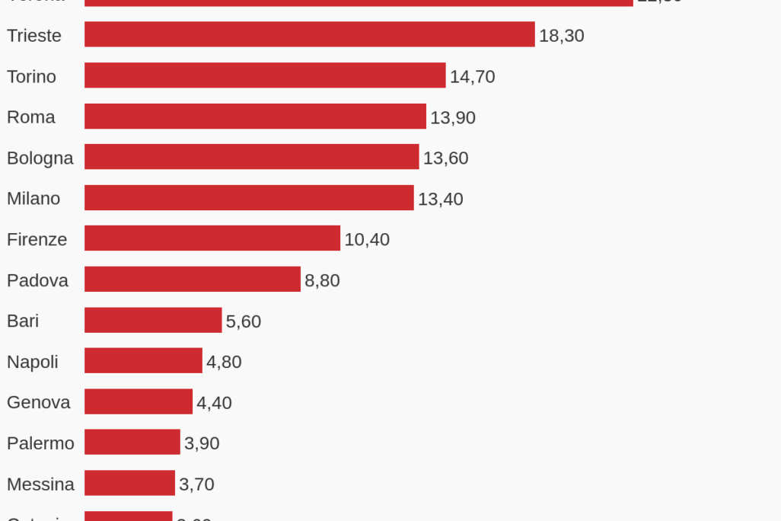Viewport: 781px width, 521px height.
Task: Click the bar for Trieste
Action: coord(309,34)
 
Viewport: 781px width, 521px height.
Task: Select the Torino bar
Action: coord(265,75)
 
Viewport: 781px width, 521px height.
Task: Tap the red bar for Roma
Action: coord(255,117)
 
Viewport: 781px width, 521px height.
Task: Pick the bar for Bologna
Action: coord(251,157)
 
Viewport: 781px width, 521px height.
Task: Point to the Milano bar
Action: coord(249,198)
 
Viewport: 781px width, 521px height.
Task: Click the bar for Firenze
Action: coord(212,238)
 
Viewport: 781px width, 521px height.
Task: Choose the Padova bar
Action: coord(193,280)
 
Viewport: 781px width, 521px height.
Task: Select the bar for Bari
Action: coord(153,320)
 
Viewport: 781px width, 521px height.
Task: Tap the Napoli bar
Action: coord(143,361)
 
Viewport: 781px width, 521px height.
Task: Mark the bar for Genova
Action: coord(139,401)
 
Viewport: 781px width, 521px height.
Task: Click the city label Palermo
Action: coord(40,443)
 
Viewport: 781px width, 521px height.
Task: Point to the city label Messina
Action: coord(40,484)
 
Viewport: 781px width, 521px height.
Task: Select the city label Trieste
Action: coord(34,36)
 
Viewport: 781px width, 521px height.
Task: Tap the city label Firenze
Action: coord(37,239)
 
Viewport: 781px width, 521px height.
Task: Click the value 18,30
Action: coord(562,36)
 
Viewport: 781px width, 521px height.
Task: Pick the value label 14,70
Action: coord(472,77)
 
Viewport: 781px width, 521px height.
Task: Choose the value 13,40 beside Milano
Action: coord(440,200)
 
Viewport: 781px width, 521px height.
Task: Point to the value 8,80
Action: coord(322,281)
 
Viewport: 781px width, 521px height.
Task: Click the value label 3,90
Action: coord(202,443)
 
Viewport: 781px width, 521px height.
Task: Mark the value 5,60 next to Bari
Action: coord(244,321)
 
